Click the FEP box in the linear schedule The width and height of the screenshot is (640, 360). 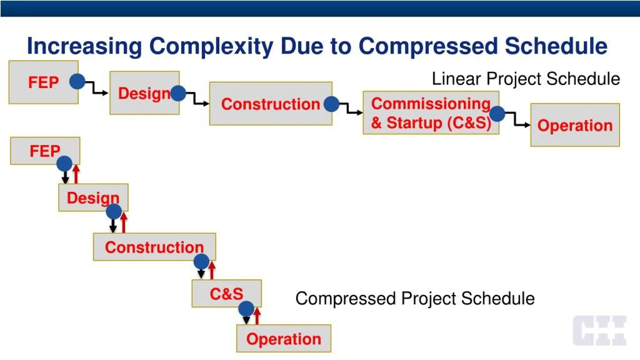click(x=43, y=82)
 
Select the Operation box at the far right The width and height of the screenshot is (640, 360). click(x=575, y=125)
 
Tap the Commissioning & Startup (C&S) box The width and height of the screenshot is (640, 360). click(x=431, y=113)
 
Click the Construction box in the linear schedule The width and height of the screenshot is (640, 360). click(x=270, y=104)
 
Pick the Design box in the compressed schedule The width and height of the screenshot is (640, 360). click(x=93, y=197)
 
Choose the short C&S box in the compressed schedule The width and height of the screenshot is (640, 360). click(x=226, y=293)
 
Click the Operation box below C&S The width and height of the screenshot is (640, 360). click(x=283, y=338)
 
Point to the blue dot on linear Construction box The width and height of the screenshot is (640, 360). click(x=332, y=104)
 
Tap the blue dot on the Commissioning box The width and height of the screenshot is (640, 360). click(x=497, y=114)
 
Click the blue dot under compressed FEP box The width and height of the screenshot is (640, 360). click(x=64, y=163)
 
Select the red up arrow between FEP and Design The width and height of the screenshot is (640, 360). click(x=76, y=174)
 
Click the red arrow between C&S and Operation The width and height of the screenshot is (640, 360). click(x=257, y=316)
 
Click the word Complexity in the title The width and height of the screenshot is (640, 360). click(x=211, y=46)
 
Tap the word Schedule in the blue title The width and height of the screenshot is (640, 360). click(x=556, y=46)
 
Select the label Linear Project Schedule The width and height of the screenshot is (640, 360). click(x=526, y=79)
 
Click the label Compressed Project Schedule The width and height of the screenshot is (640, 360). click(x=415, y=298)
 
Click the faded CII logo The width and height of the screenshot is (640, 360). click(x=599, y=330)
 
